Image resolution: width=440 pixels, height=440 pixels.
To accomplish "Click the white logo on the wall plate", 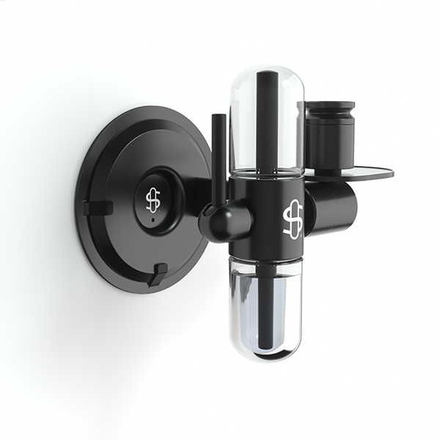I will tap(153, 199).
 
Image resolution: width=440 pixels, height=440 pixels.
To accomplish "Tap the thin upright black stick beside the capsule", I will tap(218, 158).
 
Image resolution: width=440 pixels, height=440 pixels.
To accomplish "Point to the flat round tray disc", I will tap(367, 174).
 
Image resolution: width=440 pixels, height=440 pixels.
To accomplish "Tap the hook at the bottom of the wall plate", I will tap(157, 275).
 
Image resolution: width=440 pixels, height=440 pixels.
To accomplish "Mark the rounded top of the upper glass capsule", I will tap(267, 71).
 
